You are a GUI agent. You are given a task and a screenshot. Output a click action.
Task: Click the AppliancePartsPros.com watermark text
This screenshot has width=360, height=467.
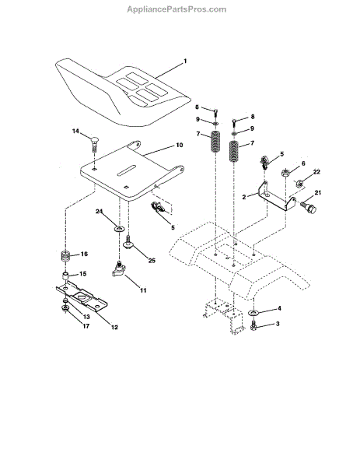tap(177, 9)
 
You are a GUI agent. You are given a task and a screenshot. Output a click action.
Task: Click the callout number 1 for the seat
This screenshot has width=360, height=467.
tap(185, 61)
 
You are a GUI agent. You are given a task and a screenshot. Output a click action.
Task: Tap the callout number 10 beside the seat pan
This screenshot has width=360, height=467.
tap(179, 145)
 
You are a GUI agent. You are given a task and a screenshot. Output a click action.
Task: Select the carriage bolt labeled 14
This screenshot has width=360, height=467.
tap(94, 142)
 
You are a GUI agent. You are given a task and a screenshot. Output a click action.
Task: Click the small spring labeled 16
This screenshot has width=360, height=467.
tap(65, 256)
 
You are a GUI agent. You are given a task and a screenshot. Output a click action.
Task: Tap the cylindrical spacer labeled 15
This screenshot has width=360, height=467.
tap(65, 276)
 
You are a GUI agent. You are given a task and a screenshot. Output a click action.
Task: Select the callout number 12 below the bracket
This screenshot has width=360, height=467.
tap(114, 327)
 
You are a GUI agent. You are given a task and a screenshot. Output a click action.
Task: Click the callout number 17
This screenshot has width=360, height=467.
tap(86, 326)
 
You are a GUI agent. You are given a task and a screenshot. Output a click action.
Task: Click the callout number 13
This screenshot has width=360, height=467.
tap(86, 317)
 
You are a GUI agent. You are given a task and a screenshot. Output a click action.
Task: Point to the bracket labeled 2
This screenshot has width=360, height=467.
tap(277, 196)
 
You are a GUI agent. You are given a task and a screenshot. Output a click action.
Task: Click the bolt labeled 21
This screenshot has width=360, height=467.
tap(309, 208)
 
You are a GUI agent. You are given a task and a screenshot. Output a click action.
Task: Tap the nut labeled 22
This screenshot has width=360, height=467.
tap(299, 183)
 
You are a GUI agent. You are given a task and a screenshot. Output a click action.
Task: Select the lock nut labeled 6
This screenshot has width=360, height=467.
tap(285, 173)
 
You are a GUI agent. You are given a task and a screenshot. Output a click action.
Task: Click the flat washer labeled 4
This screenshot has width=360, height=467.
tap(253, 313)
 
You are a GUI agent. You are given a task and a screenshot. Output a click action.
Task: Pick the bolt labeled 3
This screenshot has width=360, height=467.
tap(253, 325)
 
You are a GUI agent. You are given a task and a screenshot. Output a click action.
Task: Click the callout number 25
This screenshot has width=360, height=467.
tap(152, 260)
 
